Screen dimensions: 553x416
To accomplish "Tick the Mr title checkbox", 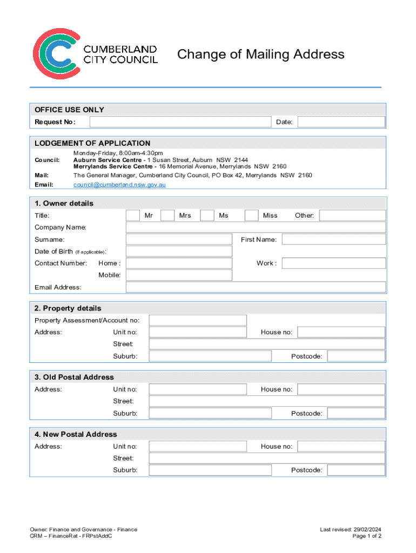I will pyautogui.click(x=132, y=215).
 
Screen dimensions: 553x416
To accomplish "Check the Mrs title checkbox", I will pyautogui.click(x=167, y=215).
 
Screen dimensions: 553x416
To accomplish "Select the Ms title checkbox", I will pyautogui.click(x=207, y=215).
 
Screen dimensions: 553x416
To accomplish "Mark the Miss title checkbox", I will pyautogui.click(x=251, y=215).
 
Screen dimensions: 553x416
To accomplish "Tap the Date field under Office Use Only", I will pyautogui.click(x=341, y=122).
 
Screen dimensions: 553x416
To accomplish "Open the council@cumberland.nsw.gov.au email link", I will pyautogui.click(x=119, y=185).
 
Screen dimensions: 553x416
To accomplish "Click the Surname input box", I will pyautogui.click(x=179, y=239).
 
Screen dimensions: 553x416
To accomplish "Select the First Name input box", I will pyautogui.click(x=334, y=239).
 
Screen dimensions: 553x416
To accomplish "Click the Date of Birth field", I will pyautogui.click(x=179, y=251).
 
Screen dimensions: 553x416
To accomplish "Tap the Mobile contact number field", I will pyautogui.click(x=179, y=275).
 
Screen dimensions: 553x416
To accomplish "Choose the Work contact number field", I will pyautogui.click(x=334, y=263).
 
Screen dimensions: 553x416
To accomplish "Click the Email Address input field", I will pyautogui.click(x=256, y=287).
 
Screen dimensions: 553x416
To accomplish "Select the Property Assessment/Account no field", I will pyautogui.click(x=198, y=320).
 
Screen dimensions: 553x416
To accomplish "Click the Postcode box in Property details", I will pyautogui.click(x=356, y=356).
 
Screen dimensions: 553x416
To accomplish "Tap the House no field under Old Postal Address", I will pyautogui.click(x=341, y=389).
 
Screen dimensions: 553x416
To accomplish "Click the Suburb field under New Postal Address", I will pyautogui.click(x=210, y=470).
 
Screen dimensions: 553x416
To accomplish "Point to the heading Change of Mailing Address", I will pyautogui.click(x=261, y=55).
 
